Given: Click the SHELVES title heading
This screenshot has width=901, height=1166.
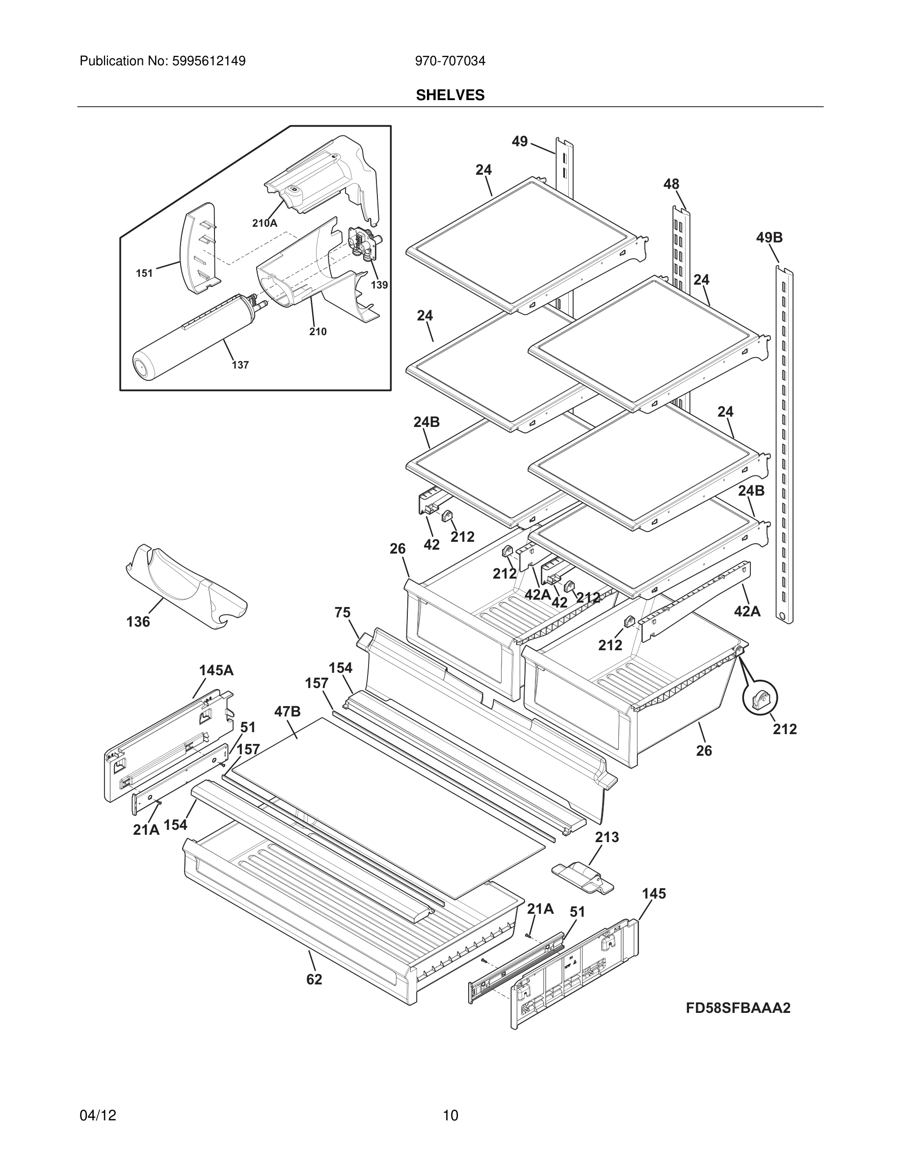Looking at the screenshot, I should [x=450, y=95].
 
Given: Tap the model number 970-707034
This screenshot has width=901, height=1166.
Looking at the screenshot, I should [x=450, y=61].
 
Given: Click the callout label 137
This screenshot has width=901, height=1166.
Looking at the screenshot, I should [x=240, y=365].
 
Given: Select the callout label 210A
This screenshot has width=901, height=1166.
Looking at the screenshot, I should [x=265, y=224].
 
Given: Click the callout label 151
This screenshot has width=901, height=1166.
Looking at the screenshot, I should [x=144, y=273].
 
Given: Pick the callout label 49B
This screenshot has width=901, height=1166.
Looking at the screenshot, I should [x=769, y=238].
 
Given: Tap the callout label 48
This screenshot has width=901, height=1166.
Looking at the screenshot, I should [x=671, y=184].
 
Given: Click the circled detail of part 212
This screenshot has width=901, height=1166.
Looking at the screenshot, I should [x=760, y=698].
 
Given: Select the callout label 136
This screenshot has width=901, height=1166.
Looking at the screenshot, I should [x=138, y=621].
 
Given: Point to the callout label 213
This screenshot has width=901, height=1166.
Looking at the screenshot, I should [x=607, y=837].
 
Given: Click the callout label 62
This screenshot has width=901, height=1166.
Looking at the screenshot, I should [x=314, y=980].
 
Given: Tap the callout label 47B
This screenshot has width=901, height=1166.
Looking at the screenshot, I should [x=288, y=711].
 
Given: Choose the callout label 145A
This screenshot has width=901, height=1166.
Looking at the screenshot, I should [x=216, y=670].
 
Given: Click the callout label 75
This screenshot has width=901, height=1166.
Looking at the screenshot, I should [x=343, y=612].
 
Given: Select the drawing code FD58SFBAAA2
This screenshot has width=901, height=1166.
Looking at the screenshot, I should [x=738, y=1008].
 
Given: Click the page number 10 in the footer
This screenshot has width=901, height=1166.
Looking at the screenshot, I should [x=450, y=1115].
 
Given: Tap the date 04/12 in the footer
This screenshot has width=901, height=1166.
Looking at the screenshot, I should [x=98, y=1115].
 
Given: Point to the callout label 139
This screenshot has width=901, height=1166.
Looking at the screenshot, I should [x=379, y=285].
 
